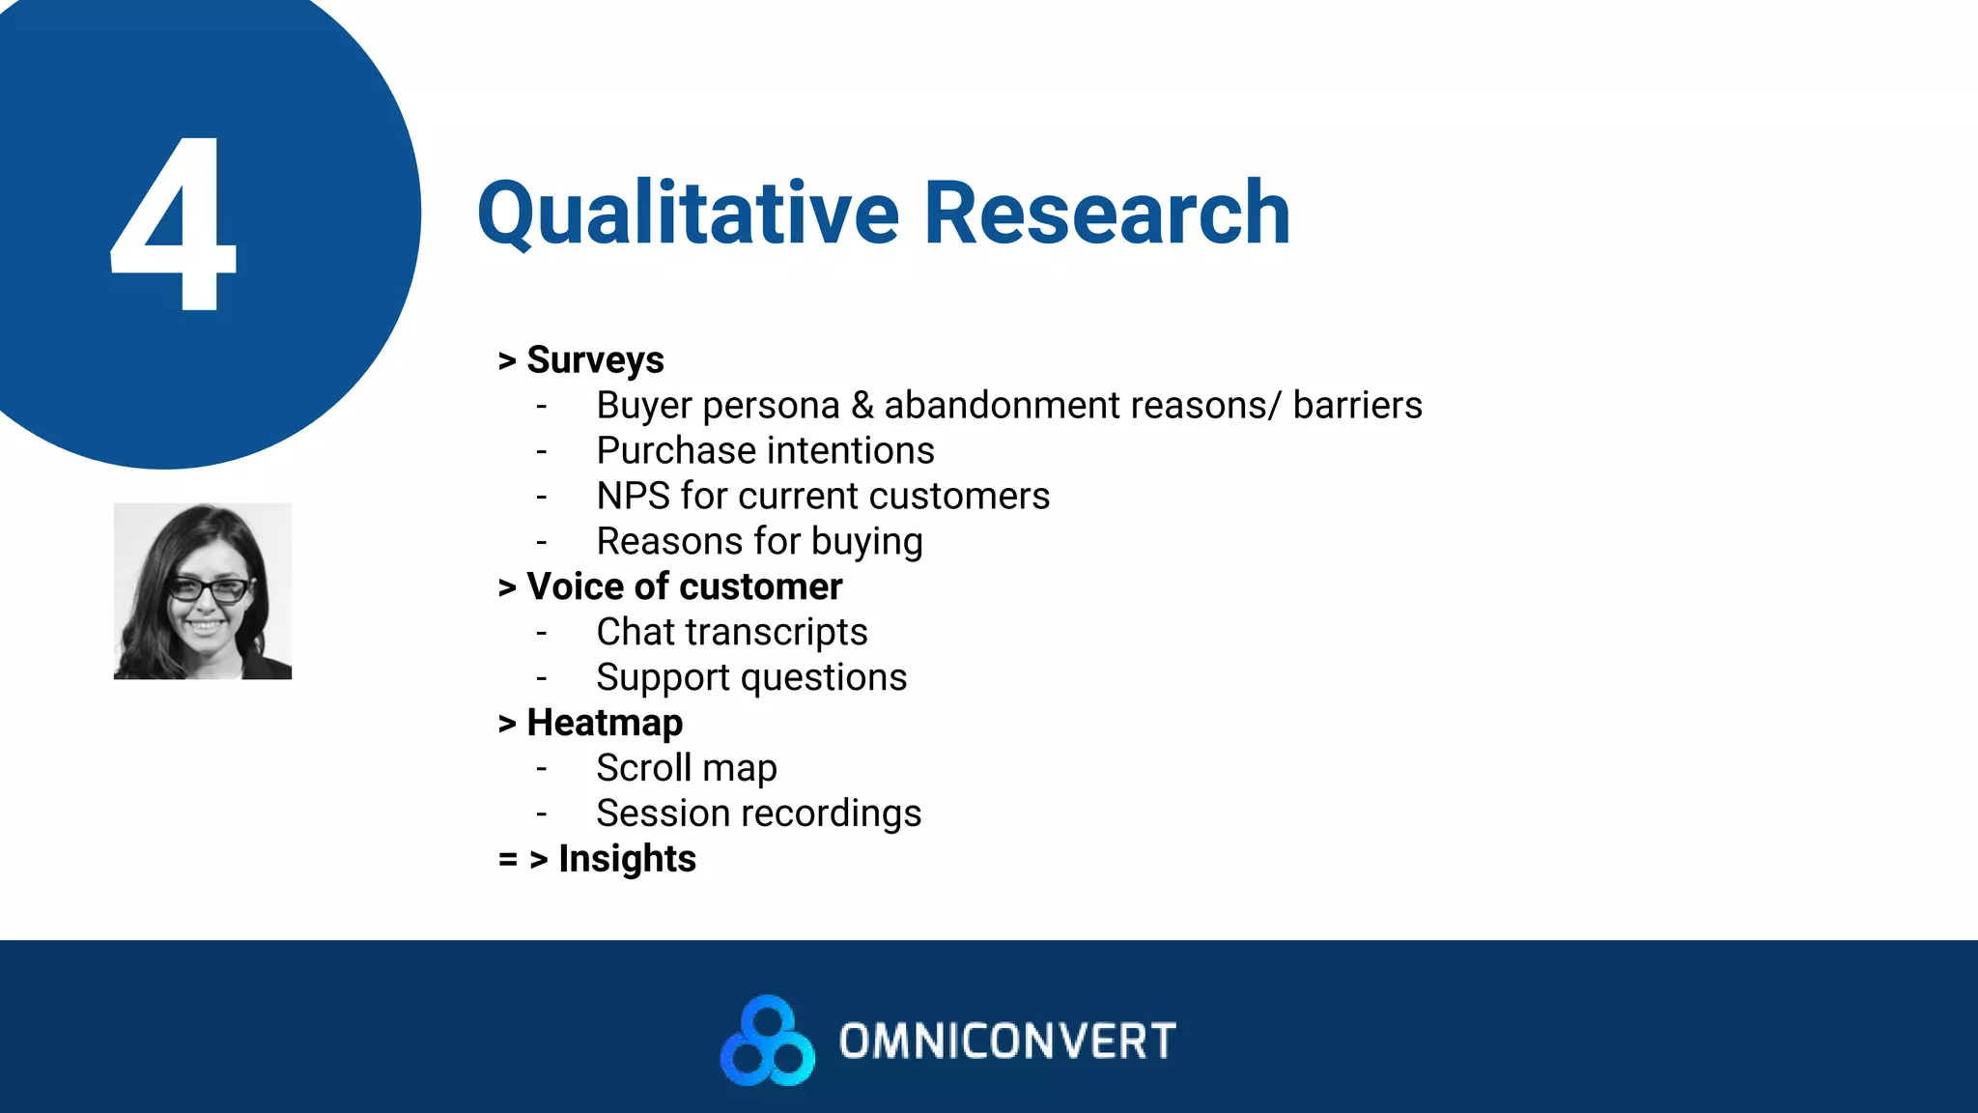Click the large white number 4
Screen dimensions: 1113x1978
pyautogui.click(x=174, y=224)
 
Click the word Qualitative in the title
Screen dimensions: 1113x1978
pyautogui.click(x=688, y=214)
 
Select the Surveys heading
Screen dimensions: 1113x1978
pyautogui.click(x=595, y=360)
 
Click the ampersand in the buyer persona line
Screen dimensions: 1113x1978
pyautogui.click(x=862, y=406)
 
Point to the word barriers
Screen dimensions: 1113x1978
pyautogui.click(x=1357, y=406)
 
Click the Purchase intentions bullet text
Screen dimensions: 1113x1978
pyautogui.click(x=765, y=451)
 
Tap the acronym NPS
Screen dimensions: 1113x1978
pyautogui.click(x=633, y=497)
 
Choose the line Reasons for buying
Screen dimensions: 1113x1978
pyautogui.click(x=759, y=542)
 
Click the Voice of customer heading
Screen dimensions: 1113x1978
pyautogui.click(x=684, y=586)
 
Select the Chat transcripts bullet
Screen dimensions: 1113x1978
pyautogui.click(x=731, y=633)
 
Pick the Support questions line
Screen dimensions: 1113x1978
pyautogui.click(x=751, y=678)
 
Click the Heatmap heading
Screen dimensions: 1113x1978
pyautogui.click(x=605, y=723)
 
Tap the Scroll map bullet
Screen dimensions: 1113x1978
pyautogui.click(x=686, y=768)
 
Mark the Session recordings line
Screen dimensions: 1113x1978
pyautogui.click(x=758, y=813)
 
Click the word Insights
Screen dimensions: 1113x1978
pyautogui.click(x=627, y=859)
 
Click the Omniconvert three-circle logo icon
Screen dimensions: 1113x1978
pyautogui.click(x=768, y=1041)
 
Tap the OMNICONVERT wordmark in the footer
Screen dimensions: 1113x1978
pyautogui.click(x=1007, y=1042)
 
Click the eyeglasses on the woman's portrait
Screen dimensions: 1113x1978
pyautogui.click(x=208, y=588)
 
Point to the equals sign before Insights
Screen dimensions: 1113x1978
pyautogui.click(x=508, y=859)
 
